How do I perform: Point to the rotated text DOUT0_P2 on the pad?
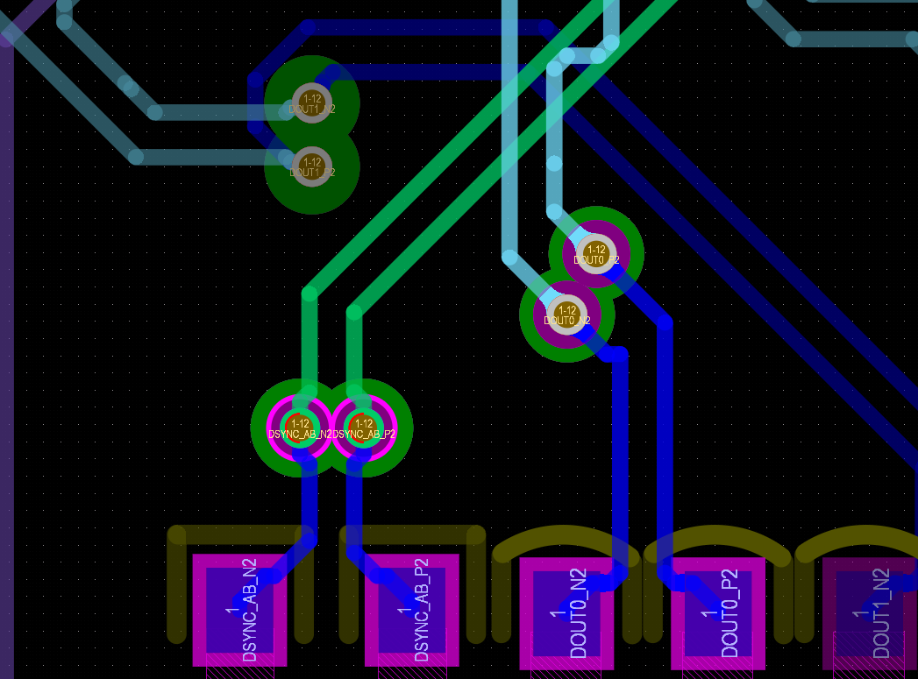(730, 613)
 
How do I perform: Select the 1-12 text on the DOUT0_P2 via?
(596, 250)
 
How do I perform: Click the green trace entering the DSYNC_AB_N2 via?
(310, 342)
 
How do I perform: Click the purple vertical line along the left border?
(6, 350)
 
